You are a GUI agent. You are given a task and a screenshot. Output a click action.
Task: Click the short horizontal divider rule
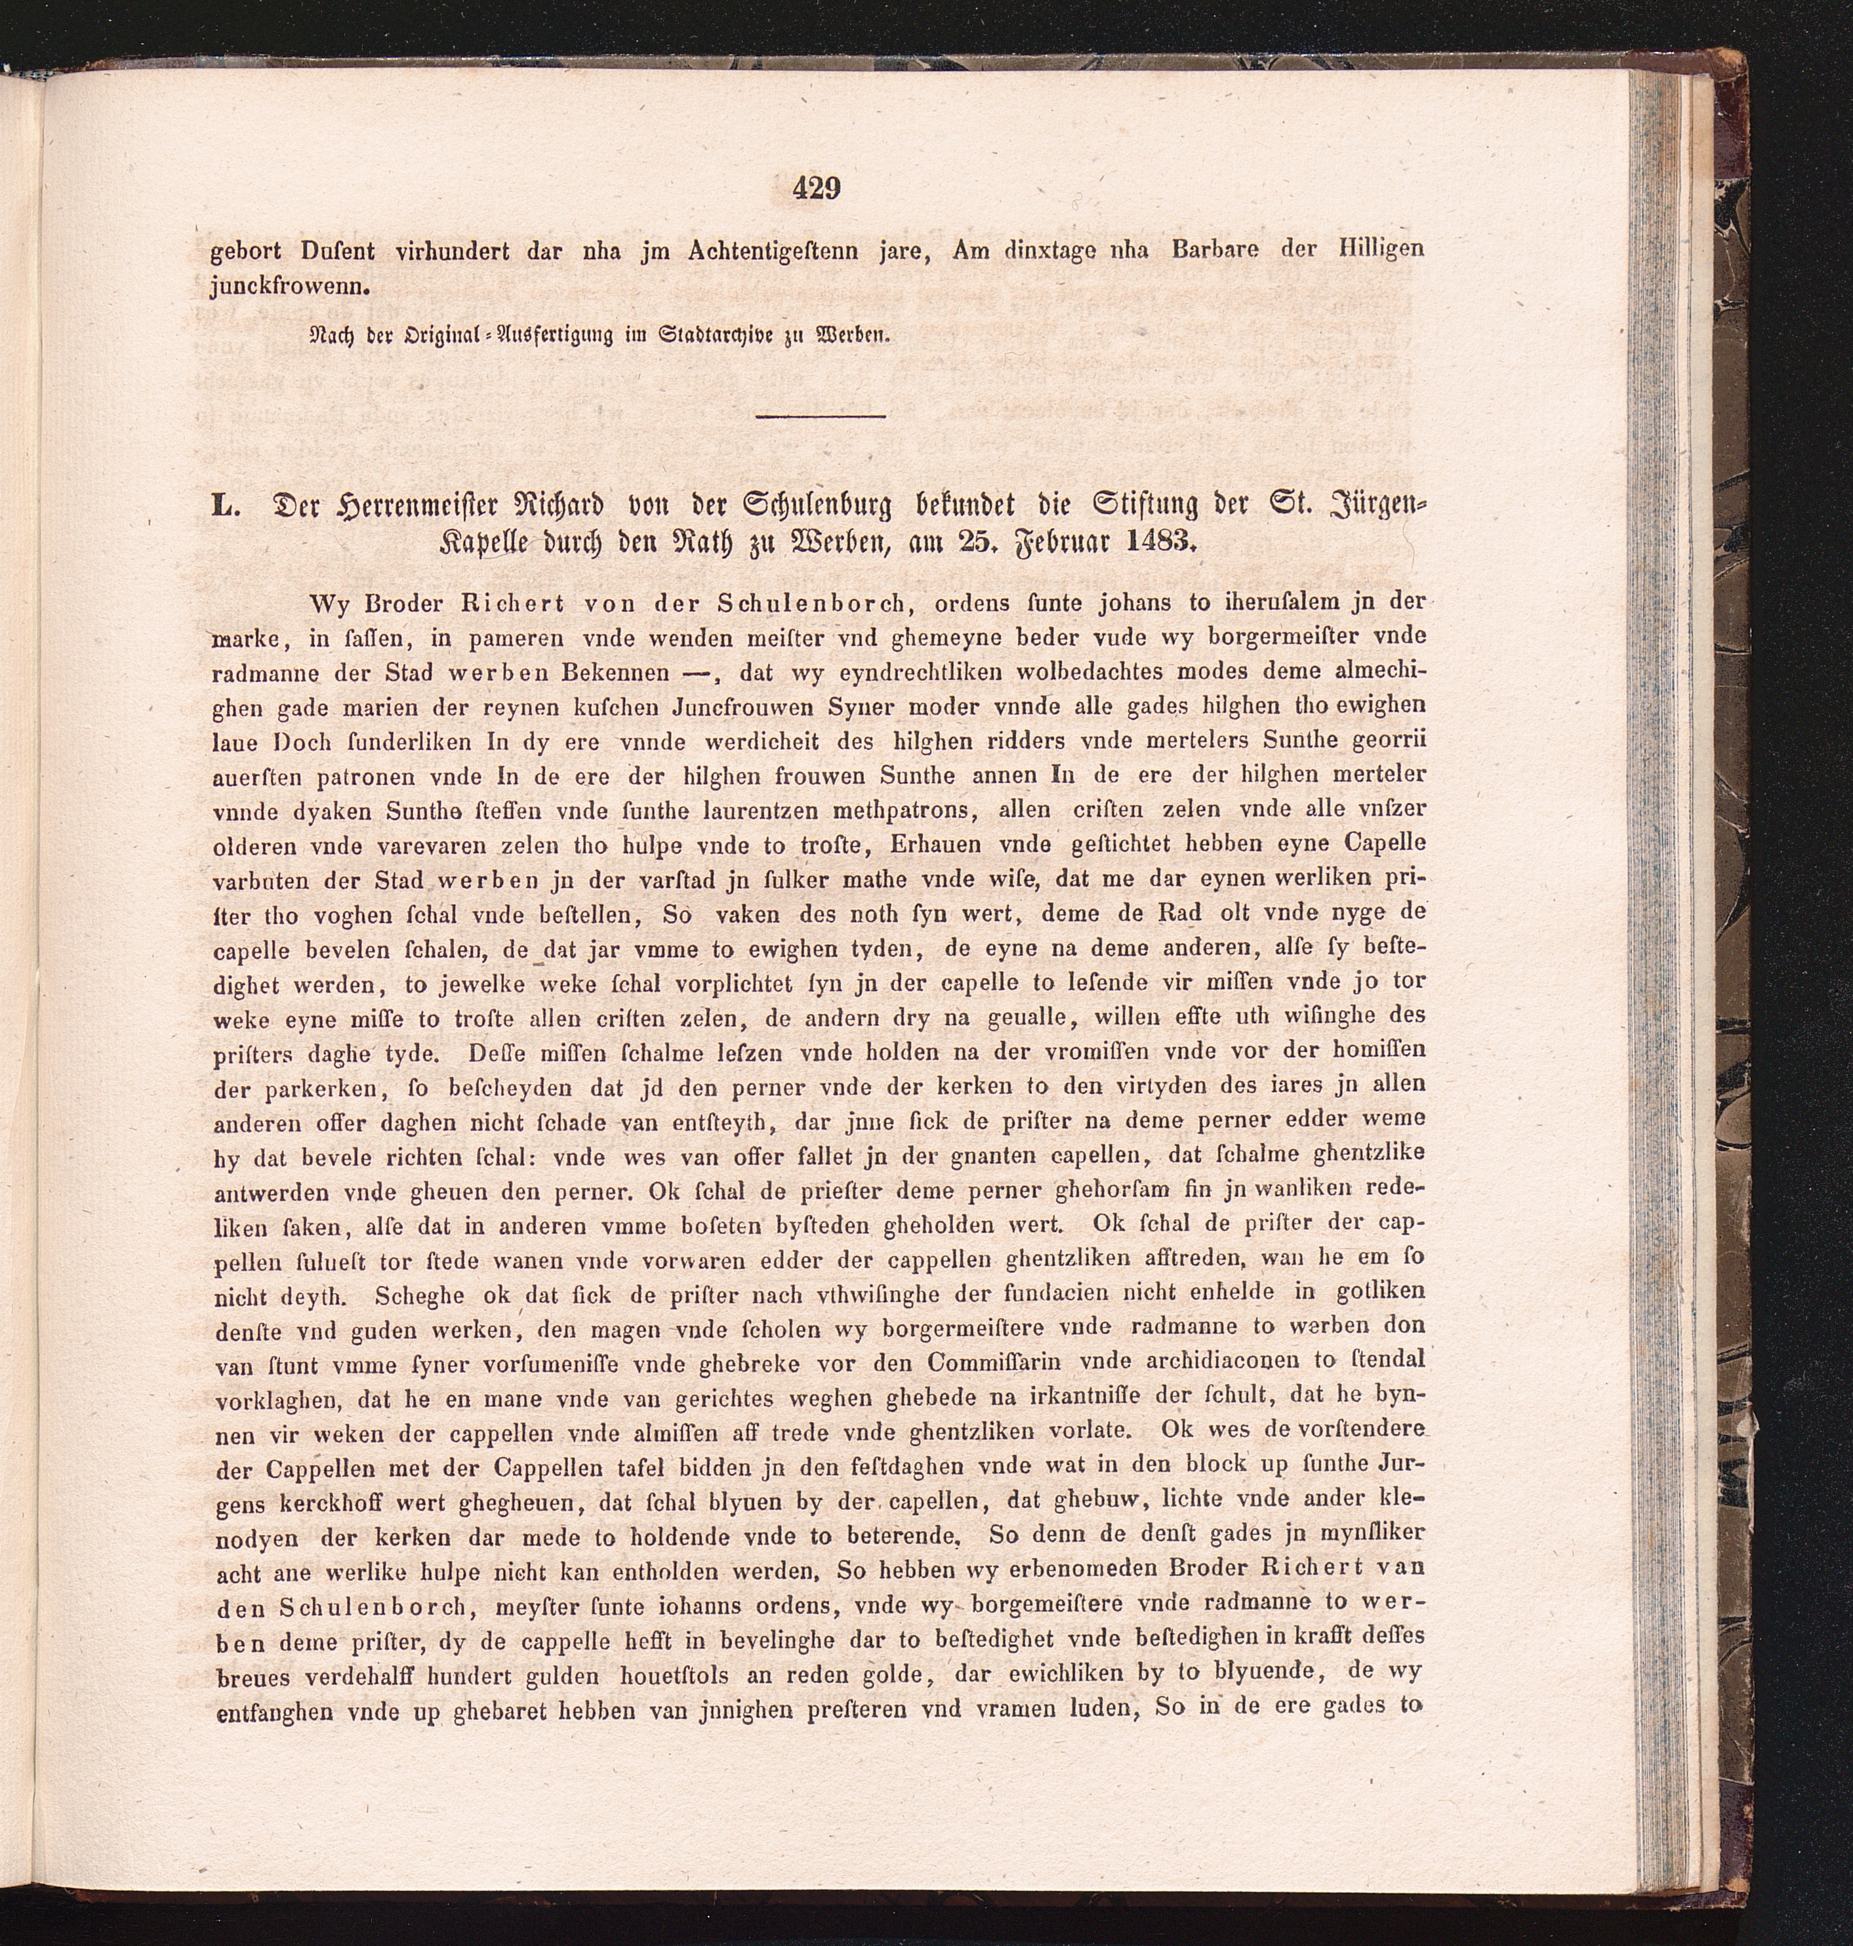coord(820,417)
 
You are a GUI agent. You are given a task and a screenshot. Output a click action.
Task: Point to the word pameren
coord(514,637)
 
